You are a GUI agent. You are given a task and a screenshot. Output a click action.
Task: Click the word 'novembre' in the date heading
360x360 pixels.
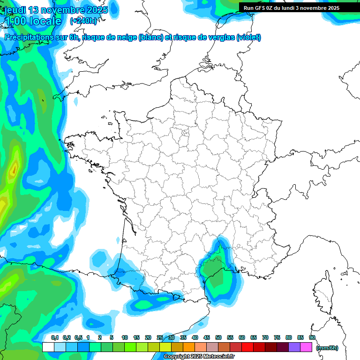click(56, 10)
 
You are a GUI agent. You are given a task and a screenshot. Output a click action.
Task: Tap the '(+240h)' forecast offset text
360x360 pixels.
click(83, 21)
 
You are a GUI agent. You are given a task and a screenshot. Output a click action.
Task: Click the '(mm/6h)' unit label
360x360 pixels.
click(327, 348)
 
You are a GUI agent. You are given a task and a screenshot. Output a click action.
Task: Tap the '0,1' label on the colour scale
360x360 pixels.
click(54, 338)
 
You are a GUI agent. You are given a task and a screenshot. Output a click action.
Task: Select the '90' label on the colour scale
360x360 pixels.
click(312, 338)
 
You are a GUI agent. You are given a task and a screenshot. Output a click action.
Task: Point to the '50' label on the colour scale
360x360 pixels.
click(218, 338)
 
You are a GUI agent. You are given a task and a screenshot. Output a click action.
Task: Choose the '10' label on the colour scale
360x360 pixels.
click(125, 338)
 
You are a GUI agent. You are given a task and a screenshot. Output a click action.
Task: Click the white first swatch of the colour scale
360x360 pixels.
click(48, 347)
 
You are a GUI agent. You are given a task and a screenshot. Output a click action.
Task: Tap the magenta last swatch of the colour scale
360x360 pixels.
click(306, 347)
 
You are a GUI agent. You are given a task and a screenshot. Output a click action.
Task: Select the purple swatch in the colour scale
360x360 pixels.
click(294, 347)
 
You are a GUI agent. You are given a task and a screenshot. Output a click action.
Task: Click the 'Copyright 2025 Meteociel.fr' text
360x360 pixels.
click(199, 357)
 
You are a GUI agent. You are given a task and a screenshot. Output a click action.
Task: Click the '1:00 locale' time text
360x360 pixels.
click(33, 21)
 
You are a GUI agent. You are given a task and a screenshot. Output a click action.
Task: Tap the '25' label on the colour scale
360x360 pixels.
click(160, 338)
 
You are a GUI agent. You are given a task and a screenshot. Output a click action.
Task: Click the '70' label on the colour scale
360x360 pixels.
click(265, 338)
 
